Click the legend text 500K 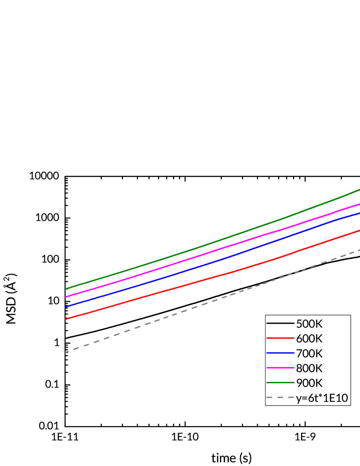pos(309,324)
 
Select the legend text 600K pos(309,339)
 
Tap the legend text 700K pos(309,353)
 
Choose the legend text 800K pos(309,368)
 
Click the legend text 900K pos(309,383)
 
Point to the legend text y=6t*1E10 pos(322,398)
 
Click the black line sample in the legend pos(280,323)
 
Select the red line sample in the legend pos(280,338)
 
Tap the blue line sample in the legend pos(280,353)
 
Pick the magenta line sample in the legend pos(280,368)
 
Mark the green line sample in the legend pos(280,382)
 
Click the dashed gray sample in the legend pos(280,397)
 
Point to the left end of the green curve pos(66,288)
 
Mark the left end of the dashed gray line pos(66,352)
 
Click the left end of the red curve pos(66,319)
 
